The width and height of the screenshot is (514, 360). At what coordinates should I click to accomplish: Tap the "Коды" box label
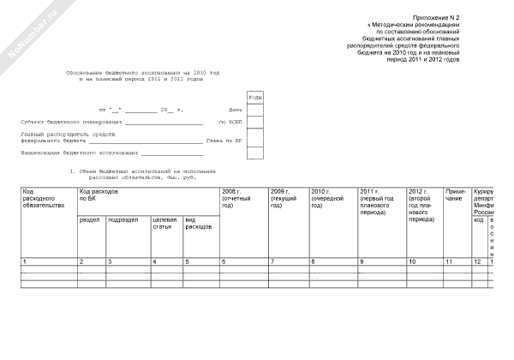(255, 98)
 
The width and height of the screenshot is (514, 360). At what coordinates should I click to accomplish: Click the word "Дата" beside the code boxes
(236, 111)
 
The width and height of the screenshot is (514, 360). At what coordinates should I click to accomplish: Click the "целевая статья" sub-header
(164, 223)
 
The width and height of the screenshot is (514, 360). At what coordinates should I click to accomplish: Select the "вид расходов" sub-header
(198, 223)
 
